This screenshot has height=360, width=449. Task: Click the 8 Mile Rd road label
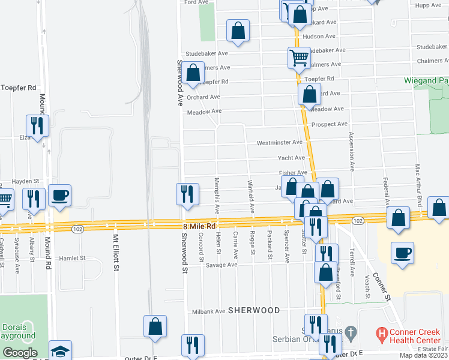coord(199,226)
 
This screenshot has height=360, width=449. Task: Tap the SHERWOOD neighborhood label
coord(254,310)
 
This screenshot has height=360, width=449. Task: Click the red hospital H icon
coord(380,331)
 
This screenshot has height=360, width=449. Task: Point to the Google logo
coord(20,353)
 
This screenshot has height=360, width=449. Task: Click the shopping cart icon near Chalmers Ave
coord(298,58)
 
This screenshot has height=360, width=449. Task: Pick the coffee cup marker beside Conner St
coord(402,252)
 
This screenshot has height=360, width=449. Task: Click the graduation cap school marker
coord(60,351)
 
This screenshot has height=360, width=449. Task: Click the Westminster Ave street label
coord(279,143)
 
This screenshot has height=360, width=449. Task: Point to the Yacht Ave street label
coord(291,158)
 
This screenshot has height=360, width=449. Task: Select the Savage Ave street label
coord(222,265)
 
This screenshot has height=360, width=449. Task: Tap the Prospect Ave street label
coord(330,124)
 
